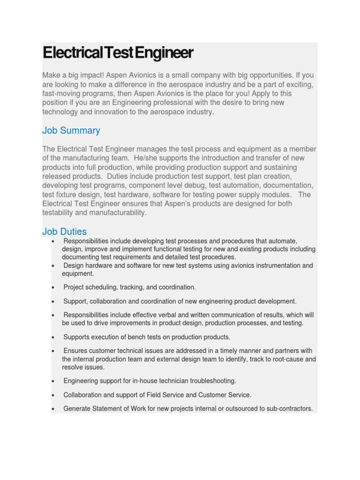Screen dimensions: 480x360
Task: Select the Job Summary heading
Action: tap(71, 130)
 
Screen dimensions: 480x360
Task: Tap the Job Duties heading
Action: tap(64, 232)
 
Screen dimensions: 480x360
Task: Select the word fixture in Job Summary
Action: tap(67, 195)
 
